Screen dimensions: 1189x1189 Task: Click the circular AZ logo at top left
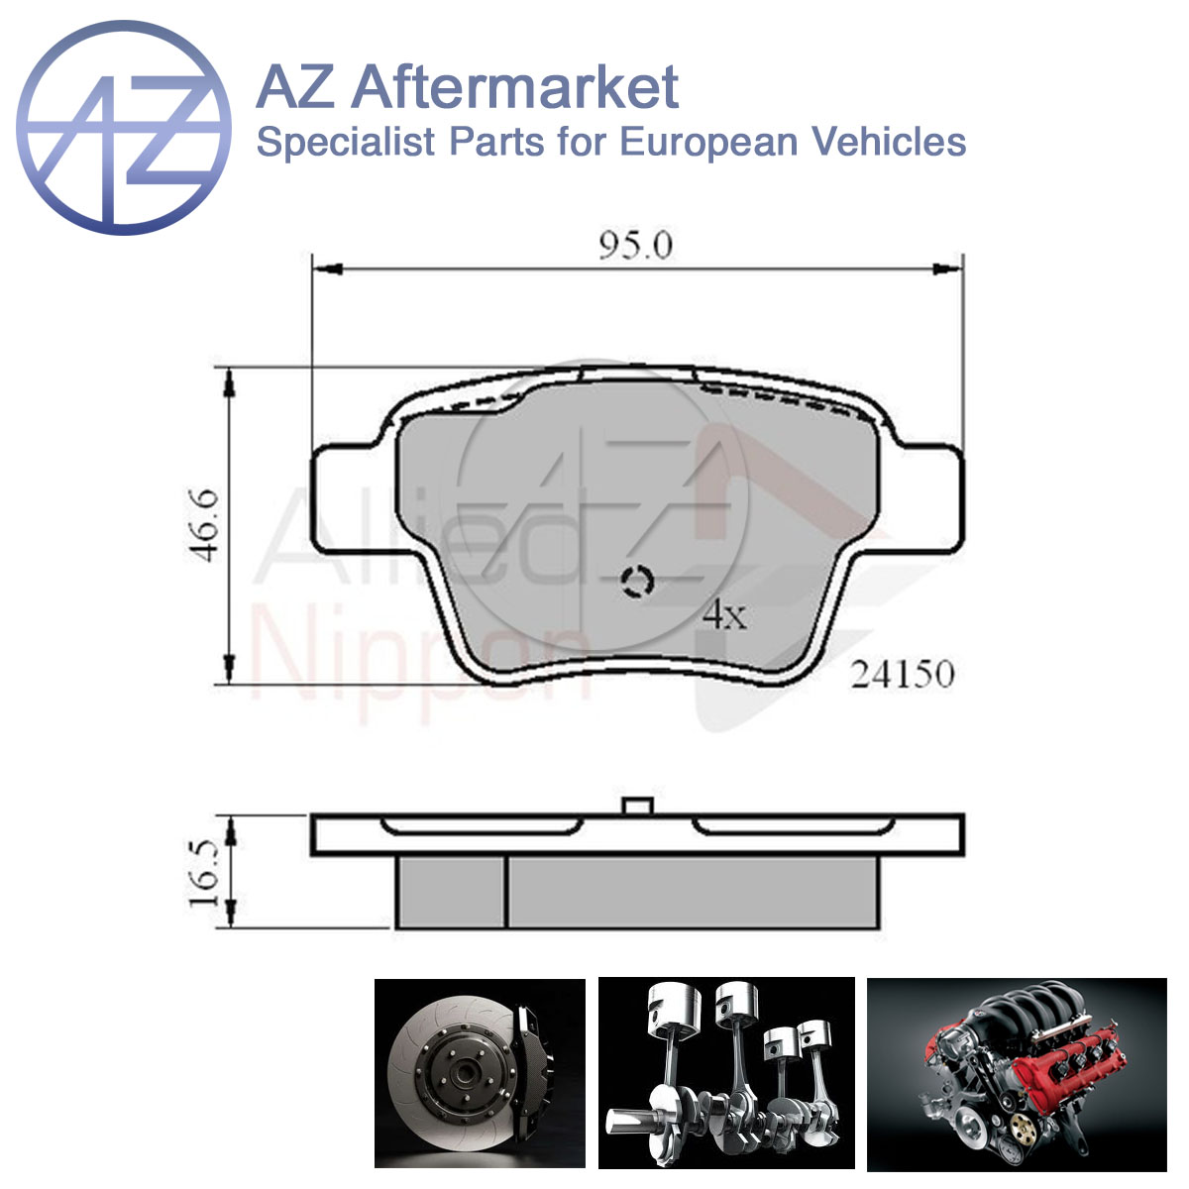124,128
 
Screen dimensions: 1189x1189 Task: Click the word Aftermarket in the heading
515,87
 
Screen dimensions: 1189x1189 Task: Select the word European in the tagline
708,143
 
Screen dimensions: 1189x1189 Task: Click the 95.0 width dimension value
635,246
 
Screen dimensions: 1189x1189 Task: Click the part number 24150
902,675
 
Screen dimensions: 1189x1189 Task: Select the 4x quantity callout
725,615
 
